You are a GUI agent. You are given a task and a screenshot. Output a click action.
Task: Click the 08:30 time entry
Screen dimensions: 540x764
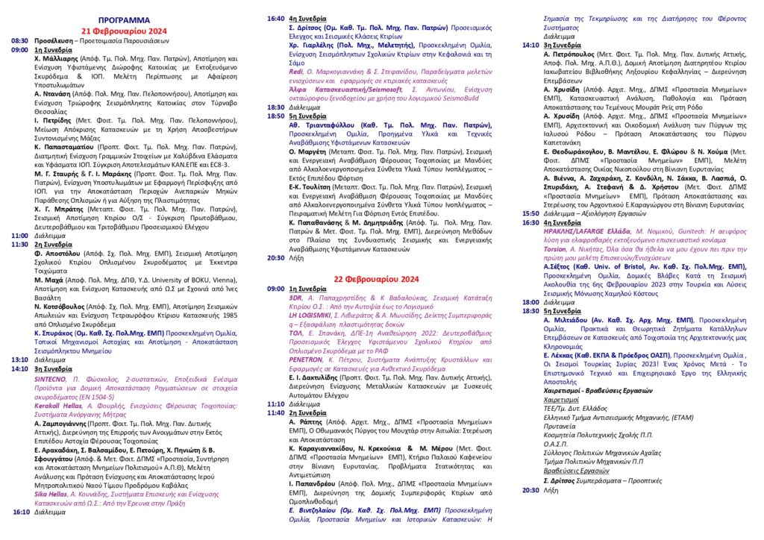pos(19,42)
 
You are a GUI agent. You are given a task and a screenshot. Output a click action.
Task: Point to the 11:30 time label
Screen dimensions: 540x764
pos(19,244)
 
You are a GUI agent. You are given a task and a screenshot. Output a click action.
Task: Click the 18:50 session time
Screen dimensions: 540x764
pos(276,116)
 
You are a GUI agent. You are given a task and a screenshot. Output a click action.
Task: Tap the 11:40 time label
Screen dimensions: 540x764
pos(276,412)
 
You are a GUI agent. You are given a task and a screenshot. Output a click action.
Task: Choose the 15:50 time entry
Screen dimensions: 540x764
pos(530,213)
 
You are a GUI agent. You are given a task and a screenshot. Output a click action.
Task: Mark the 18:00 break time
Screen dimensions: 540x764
pos(530,302)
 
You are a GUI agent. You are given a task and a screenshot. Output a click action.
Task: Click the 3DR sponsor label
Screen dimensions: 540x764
pos(295,297)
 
